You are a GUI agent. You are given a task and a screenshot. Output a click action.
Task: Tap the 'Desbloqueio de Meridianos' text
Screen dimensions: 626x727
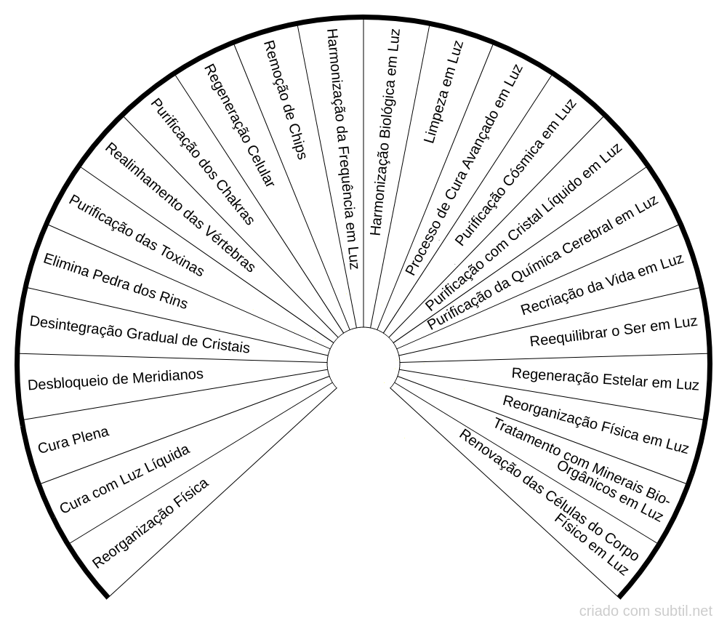[116, 379]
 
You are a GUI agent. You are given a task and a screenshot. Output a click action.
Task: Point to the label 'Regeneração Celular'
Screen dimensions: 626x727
[238, 125]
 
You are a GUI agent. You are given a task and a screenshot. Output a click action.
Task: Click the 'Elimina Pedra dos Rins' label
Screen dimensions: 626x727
[115, 281]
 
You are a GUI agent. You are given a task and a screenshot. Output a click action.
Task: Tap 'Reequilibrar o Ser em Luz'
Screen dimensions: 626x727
[614, 332]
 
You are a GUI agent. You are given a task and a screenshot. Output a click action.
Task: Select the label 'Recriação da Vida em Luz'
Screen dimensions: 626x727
[602, 284]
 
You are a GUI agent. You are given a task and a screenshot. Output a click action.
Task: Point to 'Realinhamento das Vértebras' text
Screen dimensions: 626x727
[180, 207]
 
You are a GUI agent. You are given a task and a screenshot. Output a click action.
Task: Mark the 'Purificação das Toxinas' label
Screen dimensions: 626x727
[136, 235]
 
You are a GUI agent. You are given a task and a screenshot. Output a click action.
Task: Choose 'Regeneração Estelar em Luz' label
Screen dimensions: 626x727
[605, 379]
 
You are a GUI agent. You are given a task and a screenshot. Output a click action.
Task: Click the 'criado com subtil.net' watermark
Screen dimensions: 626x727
[646, 611]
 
